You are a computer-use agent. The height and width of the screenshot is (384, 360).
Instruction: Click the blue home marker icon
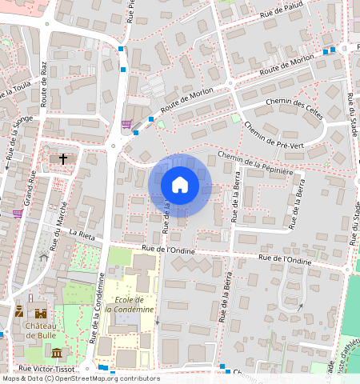pyautogui.click(x=180, y=186)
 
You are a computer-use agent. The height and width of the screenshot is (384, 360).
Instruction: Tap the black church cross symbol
pyautogui.click(x=63, y=159)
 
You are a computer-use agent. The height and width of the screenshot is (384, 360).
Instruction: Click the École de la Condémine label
pyautogui.click(x=130, y=304)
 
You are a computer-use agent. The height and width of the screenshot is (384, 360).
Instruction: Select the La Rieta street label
pyautogui.click(x=82, y=234)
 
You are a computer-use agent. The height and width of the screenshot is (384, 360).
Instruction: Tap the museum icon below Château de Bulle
pyautogui.click(x=55, y=353)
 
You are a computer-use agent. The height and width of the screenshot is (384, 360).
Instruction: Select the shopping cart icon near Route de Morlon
pyautogui.click(x=126, y=124)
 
